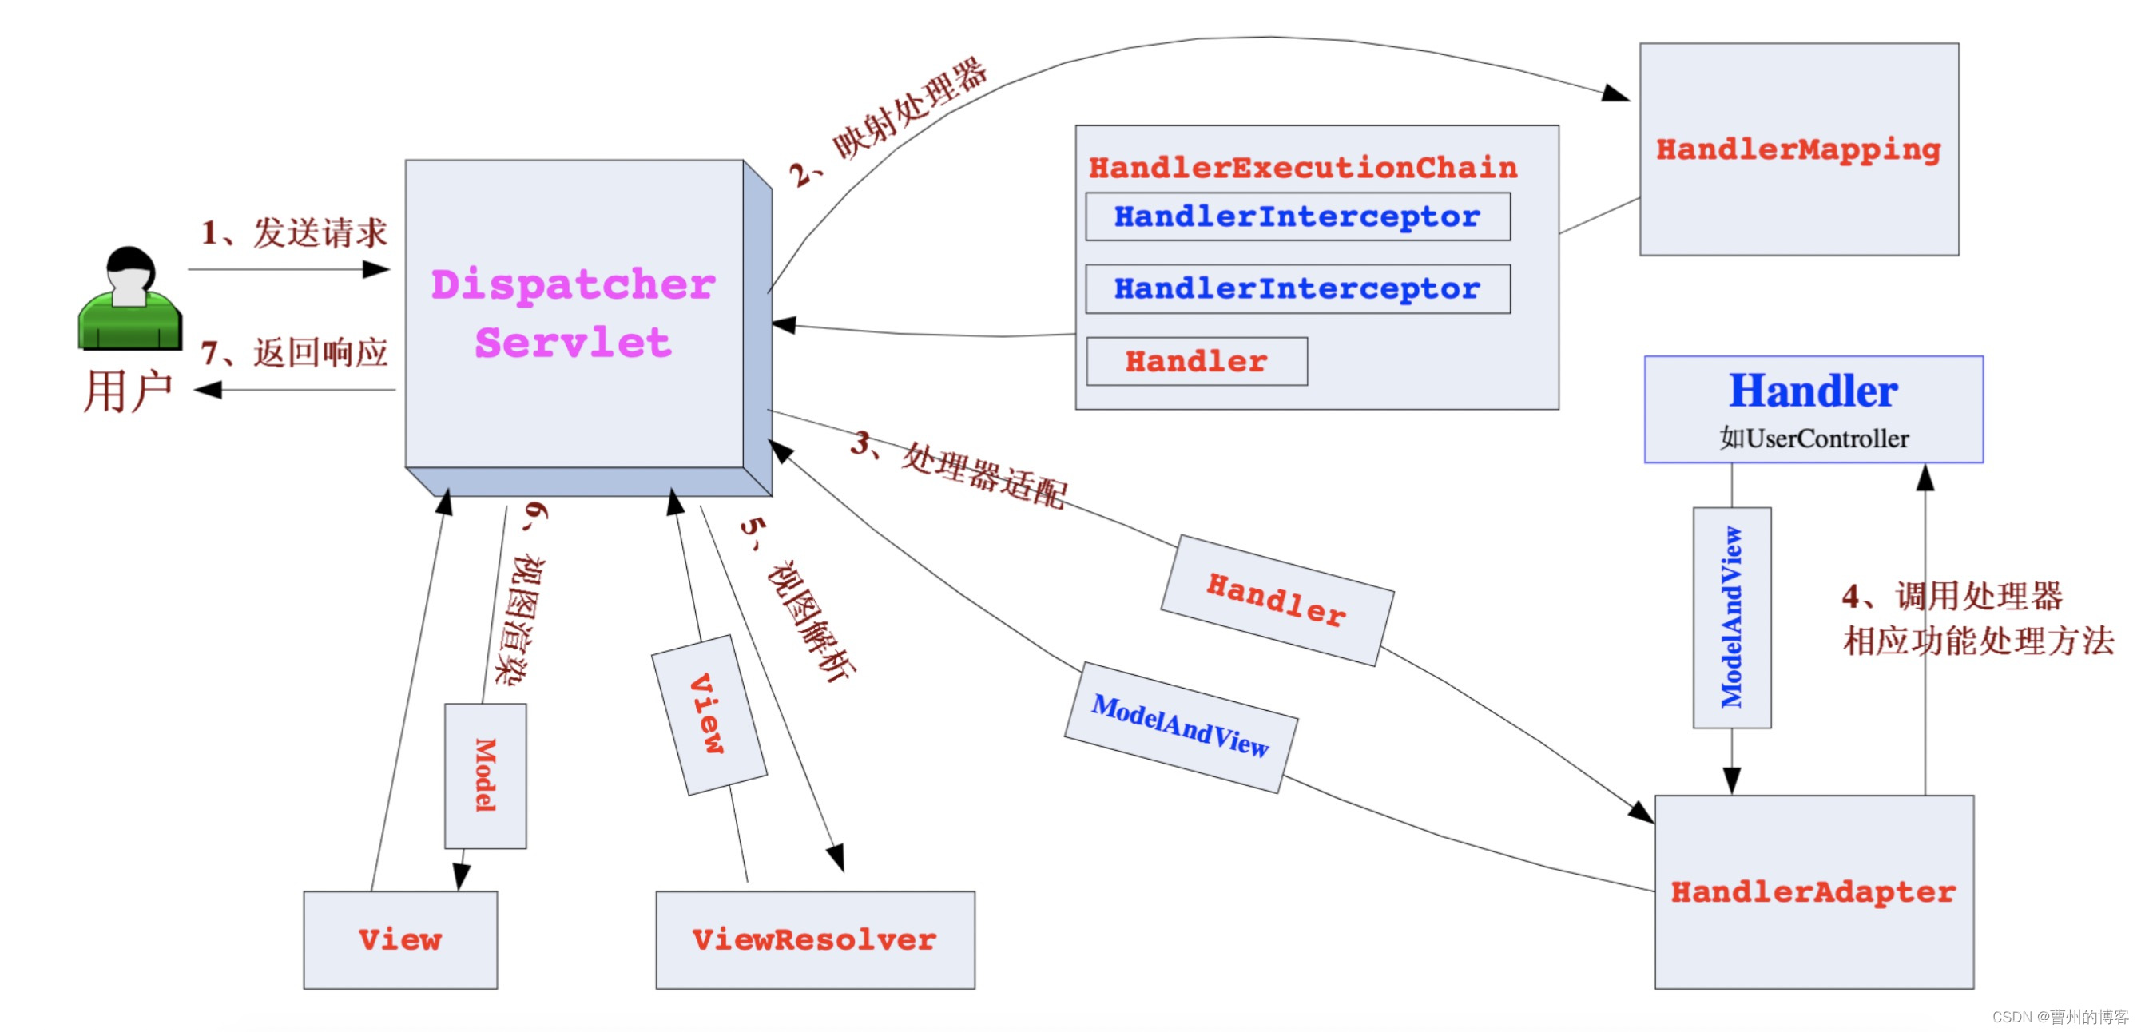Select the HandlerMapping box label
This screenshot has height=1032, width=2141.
coord(1797,149)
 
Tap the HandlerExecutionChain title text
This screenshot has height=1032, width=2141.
coord(1302,168)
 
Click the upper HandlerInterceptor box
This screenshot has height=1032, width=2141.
coord(1297,217)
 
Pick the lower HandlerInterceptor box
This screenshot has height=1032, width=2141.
coord(1297,289)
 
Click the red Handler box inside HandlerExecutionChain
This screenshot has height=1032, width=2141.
coord(1196,362)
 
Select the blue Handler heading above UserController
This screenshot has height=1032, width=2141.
coord(1813,391)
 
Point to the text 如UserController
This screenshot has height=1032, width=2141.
coord(1813,438)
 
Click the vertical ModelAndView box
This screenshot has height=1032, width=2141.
coord(1731,617)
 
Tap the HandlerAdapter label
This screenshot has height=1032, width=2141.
coord(1813,891)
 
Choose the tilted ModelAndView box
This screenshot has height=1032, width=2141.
coord(1180,727)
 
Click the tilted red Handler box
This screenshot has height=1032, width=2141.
coord(1277,600)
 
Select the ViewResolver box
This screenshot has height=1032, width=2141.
coord(815,940)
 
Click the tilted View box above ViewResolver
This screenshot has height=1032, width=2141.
coord(708,715)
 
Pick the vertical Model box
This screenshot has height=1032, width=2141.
coord(486,776)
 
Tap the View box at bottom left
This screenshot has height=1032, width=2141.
coord(399,940)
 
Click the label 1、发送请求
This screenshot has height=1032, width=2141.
coord(294,233)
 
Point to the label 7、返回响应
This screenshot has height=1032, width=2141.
coord(294,353)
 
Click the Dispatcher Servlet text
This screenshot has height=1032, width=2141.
coord(574,313)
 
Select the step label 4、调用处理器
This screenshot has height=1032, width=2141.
coord(1952,596)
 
